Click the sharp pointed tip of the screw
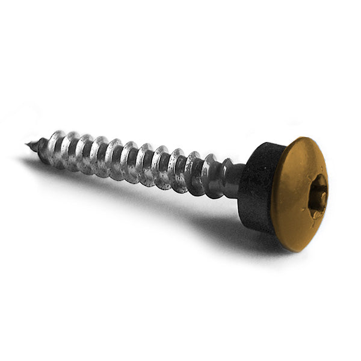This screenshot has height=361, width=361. [28, 144]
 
